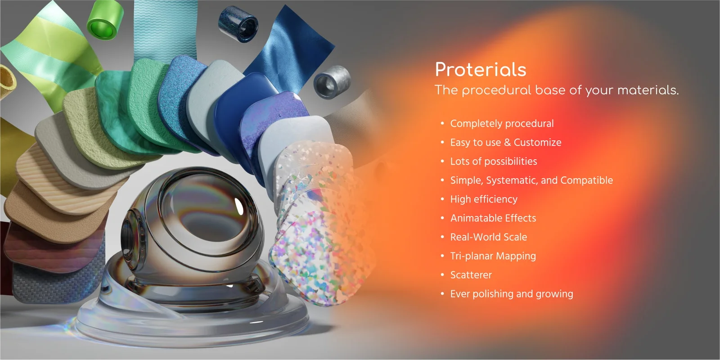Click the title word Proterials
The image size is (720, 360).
coord(480,70)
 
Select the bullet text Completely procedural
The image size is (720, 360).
coord(502,123)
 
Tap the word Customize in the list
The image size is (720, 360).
coord(537,143)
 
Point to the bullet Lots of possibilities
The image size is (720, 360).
coord(493,162)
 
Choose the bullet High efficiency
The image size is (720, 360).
coord(484,199)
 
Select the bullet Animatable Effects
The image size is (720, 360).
coord(493,218)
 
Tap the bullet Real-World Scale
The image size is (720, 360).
coord(488,237)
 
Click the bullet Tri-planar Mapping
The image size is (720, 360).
coord(493,256)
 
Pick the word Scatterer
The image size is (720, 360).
coord(471,275)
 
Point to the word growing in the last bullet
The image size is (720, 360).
coord(554,294)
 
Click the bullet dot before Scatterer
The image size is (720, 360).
coord(442,274)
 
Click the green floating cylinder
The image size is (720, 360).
coord(105,20)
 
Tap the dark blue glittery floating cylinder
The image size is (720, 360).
coord(238,24)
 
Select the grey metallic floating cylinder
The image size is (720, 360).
coord(332,81)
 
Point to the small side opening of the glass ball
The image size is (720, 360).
coord(128,236)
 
